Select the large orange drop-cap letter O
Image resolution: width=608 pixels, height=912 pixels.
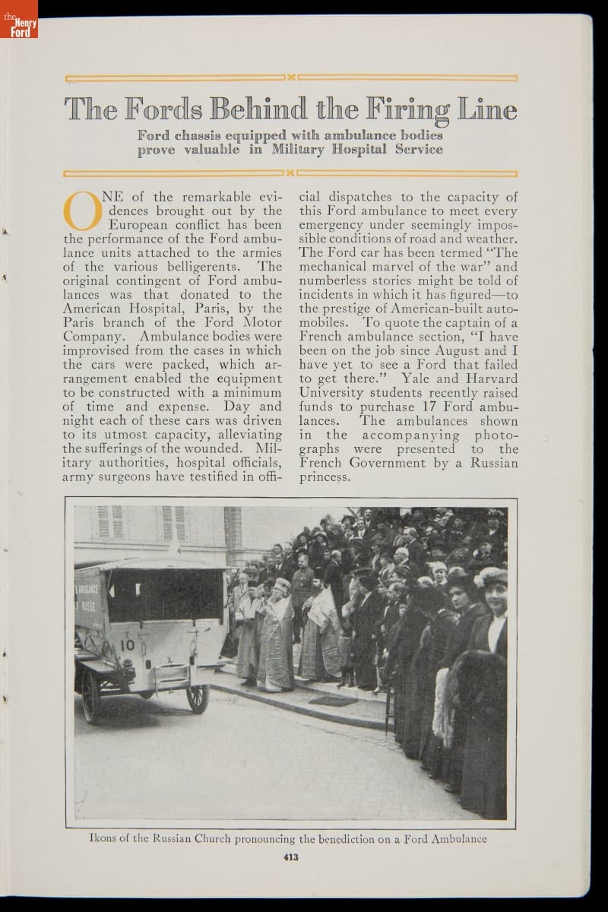tap(82, 211)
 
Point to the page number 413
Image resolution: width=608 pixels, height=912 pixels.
tap(290, 858)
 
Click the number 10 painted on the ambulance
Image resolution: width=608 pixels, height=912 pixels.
tap(127, 644)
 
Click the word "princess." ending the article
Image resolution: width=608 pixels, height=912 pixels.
tap(325, 477)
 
